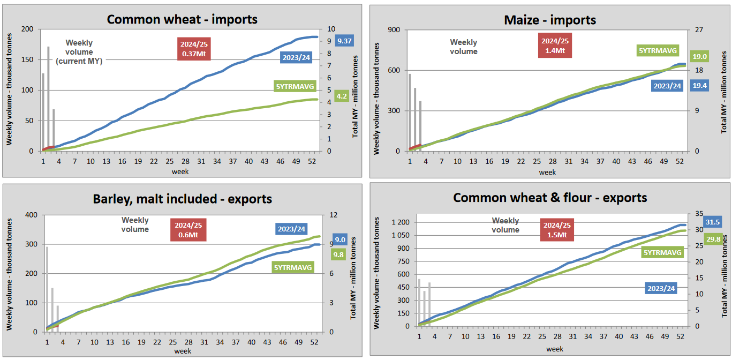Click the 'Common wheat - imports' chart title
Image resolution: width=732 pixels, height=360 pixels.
pyautogui.click(x=182, y=19)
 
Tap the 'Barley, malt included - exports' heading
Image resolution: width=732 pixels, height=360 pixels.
pyautogui.click(x=182, y=199)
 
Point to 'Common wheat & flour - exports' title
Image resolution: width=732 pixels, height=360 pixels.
pyautogui.click(x=550, y=198)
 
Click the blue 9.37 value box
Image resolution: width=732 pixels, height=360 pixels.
pyautogui.click(x=344, y=41)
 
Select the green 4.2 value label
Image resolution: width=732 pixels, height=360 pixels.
pyautogui.click(x=342, y=96)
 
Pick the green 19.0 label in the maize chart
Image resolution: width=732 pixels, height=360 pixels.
pyautogui.click(x=699, y=56)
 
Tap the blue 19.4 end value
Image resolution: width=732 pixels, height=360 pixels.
pyautogui.click(x=699, y=85)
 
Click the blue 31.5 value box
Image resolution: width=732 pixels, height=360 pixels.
pyautogui.click(x=712, y=222)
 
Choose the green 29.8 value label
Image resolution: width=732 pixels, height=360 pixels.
pyautogui.click(x=713, y=239)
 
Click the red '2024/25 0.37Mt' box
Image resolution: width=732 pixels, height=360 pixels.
pyautogui.click(x=191, y=49)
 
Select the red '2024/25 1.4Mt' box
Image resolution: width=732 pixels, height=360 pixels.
pyautogui.click(x=555, y=46)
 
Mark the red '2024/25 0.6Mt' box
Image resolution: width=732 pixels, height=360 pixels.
pyautogui.click(x=188, y=230)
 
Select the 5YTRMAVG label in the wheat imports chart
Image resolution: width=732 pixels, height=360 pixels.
pyautogui.click(x=293, y=86)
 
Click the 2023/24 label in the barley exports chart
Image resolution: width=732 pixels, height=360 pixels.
pyautogui.click(x=291, y=229)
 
